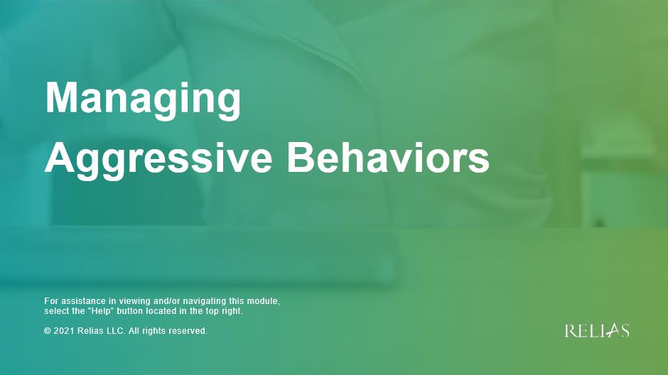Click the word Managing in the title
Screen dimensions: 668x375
tap(143, 100)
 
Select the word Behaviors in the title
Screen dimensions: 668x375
tap(388, 157)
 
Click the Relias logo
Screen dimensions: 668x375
tap(597, 331)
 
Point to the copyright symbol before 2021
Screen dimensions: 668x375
tap(48, 331)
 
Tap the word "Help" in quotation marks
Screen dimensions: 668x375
tap(101, 311)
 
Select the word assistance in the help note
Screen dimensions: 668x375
tap(85, 301)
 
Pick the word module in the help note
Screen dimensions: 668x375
tap(263, 301)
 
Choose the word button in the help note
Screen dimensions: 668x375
tap(130, 311)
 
